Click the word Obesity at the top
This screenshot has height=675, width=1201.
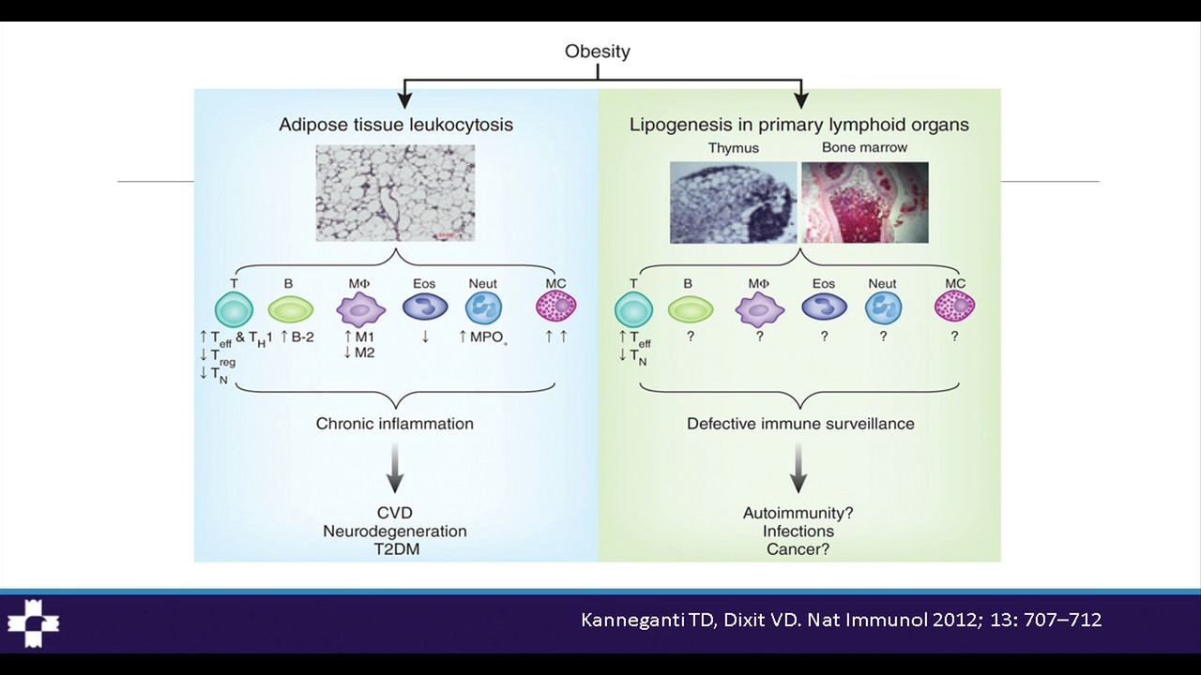597,52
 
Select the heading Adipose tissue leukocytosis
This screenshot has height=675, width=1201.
395,124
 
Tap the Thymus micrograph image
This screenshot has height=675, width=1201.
733,202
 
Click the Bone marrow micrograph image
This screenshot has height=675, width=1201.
864,202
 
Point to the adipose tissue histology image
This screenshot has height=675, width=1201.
395,193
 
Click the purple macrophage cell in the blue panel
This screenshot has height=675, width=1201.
361,307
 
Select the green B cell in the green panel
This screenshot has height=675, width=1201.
691,307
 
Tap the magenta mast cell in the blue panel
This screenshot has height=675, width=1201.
555,306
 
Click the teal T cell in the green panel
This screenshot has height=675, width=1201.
633,307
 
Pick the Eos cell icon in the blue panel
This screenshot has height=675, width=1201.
425,307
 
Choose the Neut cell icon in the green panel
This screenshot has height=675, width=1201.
882,307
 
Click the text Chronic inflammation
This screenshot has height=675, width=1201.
395,424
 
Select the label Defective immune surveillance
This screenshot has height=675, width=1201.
800,424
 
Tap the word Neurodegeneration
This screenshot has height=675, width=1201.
395,532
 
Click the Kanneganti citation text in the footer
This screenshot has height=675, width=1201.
841,620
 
